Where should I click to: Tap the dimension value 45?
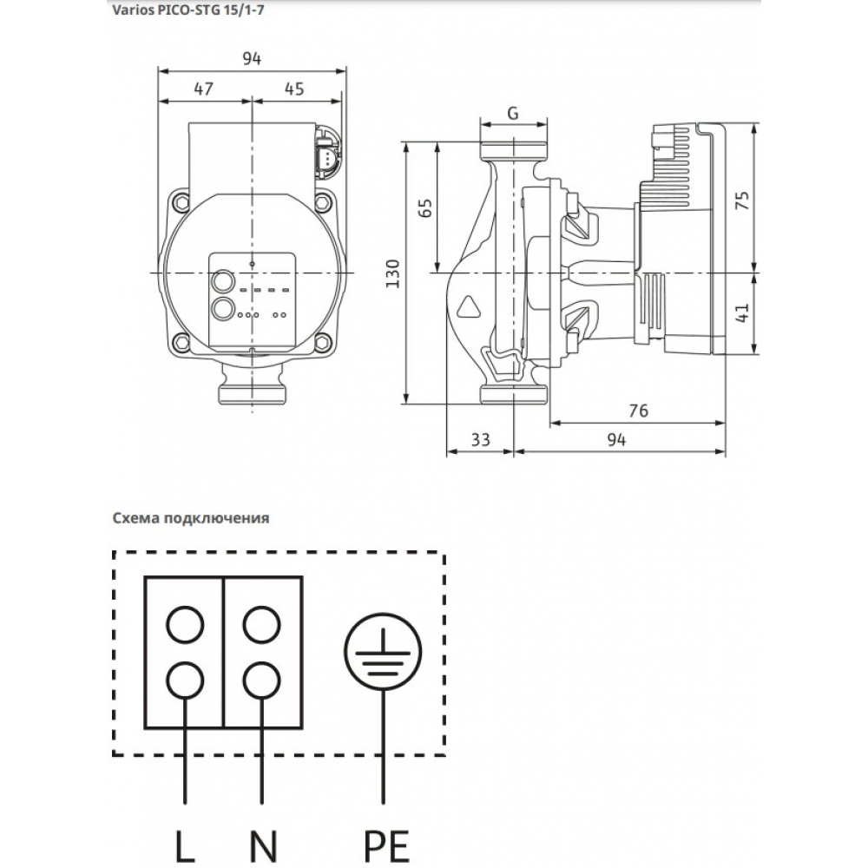(x=293, y=89)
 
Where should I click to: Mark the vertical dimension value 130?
(x=392, y=273)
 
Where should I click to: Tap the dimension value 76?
(x=638, y=411)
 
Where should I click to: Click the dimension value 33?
(x=480, y=440)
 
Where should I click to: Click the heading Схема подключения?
(x=190, y=518)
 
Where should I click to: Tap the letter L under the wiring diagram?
(x=186, y=845)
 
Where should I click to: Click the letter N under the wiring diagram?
(x=261, y=845)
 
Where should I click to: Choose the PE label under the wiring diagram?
(x=383, y=845)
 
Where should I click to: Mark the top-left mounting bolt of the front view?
(x=181, y=202)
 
